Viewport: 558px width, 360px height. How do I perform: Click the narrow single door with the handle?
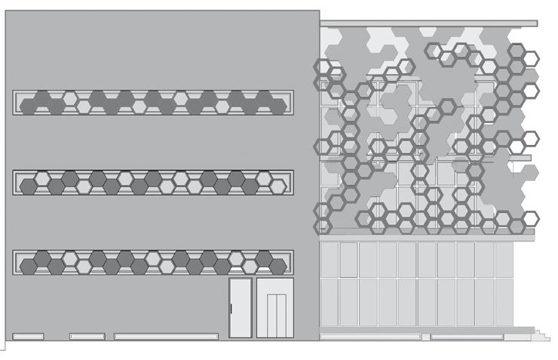(x=241, y=308)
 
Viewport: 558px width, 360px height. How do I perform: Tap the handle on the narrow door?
(x=231, y=308)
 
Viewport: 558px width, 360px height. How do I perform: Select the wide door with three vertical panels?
(x=274, y=308)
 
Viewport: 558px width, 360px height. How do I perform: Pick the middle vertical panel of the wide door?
(x=274, y=309)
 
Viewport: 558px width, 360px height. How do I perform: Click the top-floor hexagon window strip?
(x=153, y=102)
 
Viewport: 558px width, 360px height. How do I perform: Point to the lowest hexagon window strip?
(x=153, y=262)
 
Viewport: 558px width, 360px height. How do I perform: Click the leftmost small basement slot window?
(x=28, y=336)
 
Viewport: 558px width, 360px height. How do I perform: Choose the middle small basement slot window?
(x=87, y=336)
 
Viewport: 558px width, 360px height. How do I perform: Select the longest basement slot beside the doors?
(x=166, y=336)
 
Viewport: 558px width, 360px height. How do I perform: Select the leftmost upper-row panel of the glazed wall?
(x=329, y=260)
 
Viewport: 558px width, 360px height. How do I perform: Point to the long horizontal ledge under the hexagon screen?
(x=428, y=237)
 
